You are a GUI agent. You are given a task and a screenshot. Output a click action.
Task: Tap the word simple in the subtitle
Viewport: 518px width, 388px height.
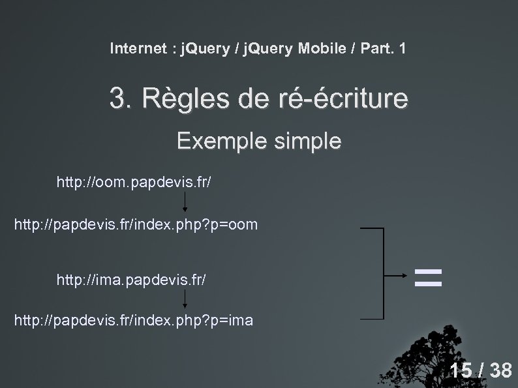click(x=309, y=142)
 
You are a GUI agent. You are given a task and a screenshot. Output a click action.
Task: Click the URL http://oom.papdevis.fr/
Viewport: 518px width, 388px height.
click(x=133, y=182)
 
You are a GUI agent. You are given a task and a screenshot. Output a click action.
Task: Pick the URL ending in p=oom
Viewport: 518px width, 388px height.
click(x=136, y=225)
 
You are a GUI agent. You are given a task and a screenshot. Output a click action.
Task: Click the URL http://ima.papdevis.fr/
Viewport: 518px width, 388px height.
click(x=133, y=280)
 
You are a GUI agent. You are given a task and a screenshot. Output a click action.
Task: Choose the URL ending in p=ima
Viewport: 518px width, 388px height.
click(x=134, y=320)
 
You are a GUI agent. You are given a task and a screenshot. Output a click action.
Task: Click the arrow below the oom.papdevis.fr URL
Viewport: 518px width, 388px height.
click(x=185, y=203)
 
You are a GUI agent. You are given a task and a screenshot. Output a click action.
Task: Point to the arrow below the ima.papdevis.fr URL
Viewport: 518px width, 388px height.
click(x=185, y=300)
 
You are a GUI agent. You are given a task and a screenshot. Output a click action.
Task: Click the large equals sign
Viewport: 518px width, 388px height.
click(x=429, y=277)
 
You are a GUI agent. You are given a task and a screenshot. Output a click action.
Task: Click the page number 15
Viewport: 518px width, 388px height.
click(x=461, y=371)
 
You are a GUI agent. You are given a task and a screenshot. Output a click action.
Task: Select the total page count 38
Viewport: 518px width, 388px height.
click(x=500, y=371)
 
